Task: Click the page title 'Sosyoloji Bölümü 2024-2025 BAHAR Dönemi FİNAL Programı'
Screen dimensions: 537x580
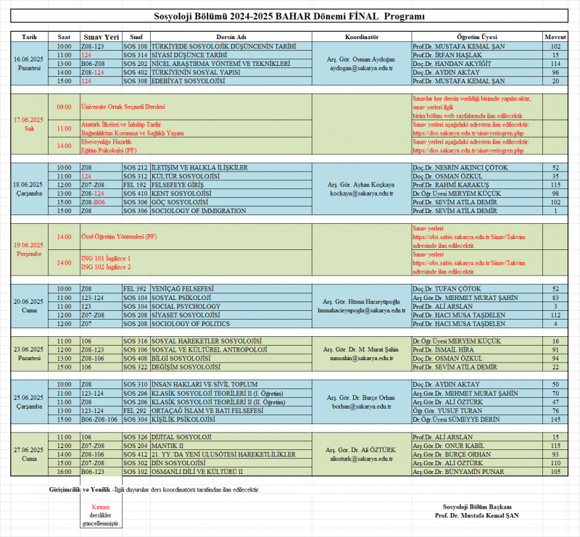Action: coord(289,17)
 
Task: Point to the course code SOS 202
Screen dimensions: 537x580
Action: coord(135,63)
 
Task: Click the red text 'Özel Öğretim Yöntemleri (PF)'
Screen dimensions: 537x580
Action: coord(118,237)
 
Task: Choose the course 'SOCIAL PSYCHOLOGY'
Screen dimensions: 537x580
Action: coord(186,307)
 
